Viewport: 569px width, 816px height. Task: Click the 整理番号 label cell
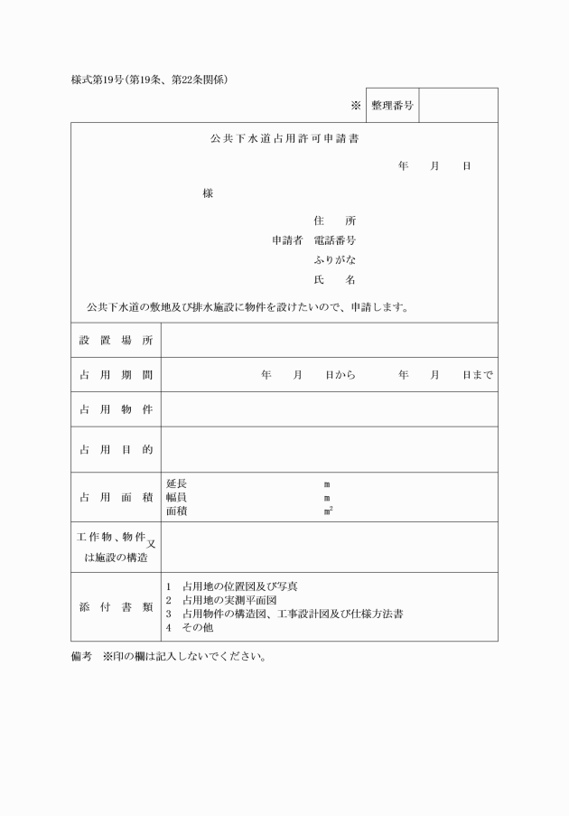pos(392,106)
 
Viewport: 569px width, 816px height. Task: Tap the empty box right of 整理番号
pos(458,106)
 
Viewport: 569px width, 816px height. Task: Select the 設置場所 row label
pos(116,341)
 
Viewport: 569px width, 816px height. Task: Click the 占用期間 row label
pos(116,375)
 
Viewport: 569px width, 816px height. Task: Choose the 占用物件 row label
pos(116,409)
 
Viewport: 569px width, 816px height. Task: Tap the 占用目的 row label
pos(116,449)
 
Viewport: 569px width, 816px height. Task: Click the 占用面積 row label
pos(116,497)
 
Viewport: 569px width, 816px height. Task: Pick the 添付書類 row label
pos(116,607)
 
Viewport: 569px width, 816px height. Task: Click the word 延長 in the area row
pos(176,484)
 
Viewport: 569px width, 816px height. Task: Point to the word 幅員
pos(176,498)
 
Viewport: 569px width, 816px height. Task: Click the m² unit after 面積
pos(328,511)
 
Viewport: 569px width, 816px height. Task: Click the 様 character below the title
pos(208,194)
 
